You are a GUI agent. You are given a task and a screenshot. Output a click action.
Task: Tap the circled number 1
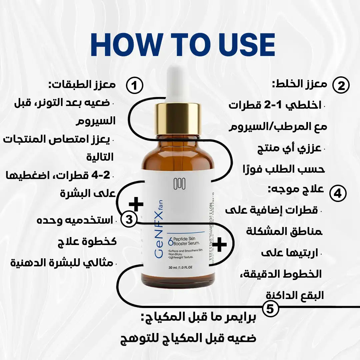click(134, 86)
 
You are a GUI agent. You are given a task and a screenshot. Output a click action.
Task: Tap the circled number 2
click(341, 86)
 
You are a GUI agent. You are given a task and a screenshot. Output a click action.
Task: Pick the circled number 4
click(338, 194)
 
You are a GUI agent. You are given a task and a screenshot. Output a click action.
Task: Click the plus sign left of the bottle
click(136, 204)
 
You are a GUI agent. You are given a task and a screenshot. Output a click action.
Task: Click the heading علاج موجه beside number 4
click(296, 189)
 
